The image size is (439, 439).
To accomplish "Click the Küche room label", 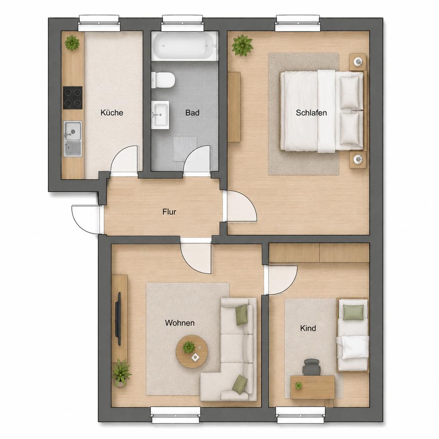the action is click(x=112, y=112).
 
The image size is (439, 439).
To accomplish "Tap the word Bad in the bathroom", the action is click(x=192, y=112).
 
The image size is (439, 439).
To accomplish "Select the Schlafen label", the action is click(x=311, y=112).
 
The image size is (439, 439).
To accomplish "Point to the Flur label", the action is click(x=169, y=212).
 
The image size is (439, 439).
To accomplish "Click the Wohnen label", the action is click(x=180, y=323).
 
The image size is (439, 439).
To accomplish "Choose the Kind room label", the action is click(x=308, y=328).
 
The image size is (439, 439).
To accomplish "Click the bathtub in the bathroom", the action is click(x=185, y=46).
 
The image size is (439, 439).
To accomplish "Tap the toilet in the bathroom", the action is click(x=163, y=80).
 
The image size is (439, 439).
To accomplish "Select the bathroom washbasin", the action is click(x=160, y=115).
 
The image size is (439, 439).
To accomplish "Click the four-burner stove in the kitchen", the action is click(x=73, y=98).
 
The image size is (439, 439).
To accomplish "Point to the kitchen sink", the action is click(x=73, y=139).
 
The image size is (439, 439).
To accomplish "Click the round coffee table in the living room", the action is click(x=192, y=351).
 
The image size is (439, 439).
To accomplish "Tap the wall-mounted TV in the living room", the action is click(x=118, y=319).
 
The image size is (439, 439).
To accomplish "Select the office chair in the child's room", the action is click(x=312, y=367).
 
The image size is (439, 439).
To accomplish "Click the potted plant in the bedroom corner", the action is click(x=242, y=45).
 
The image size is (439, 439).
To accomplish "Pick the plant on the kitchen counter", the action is click(x=72, y=43).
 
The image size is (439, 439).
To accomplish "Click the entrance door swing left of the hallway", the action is click(x=86, y=220).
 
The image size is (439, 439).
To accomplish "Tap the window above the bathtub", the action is click(x=182, y=24).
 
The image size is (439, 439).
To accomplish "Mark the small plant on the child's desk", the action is click(x=299, y=385).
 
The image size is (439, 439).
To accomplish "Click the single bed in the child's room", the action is click(x=353, y=335).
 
